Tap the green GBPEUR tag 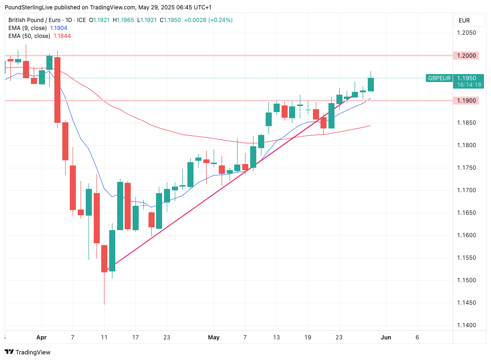tap(439, 78)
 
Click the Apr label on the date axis tap(42, 337)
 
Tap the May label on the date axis tap(214, 337)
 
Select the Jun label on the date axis tap(386, 337)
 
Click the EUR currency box tap(464, 21)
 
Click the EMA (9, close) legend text tap(28, 28)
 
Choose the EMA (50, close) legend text tap(29, 36)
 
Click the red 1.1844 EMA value tap(62, 36)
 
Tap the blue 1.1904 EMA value tap(59, 28)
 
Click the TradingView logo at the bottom tap(28, 352)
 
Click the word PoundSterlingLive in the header tap(29, 7)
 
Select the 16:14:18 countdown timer tap(469, 84)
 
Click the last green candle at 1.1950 tap(371, 84)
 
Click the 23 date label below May tap(339, 337)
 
